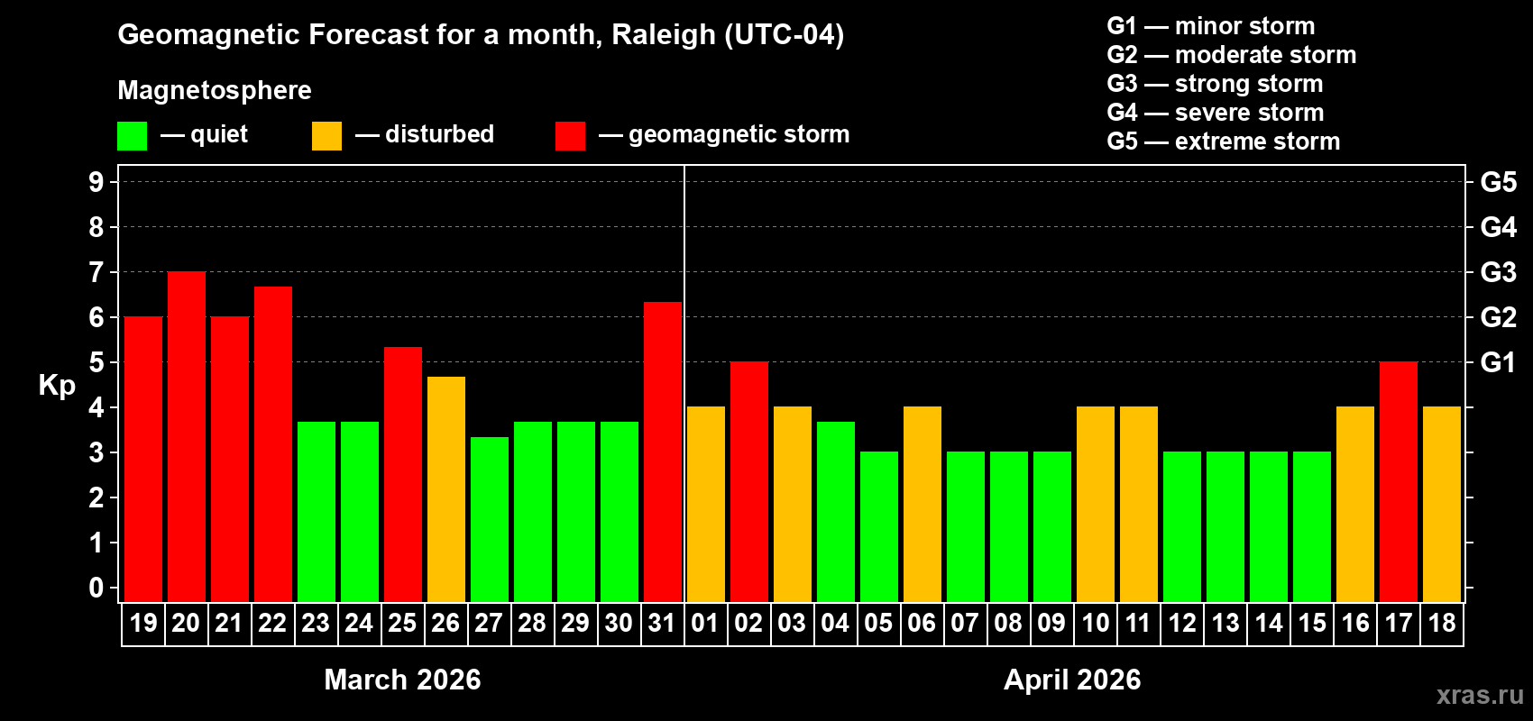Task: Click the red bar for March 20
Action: coord(187,436)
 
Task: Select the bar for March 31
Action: coord(663,452)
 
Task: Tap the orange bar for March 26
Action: coord(446,488)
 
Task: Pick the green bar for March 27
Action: coord(490,519)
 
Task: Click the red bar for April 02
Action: coord(749,481)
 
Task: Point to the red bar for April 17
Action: coord(1399,481)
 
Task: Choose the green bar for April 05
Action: coord(879,526)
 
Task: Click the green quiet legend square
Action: coord(132,136)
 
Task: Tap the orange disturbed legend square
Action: coord(326,136)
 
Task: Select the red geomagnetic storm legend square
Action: coord(570,136)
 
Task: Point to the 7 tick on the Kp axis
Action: coord(96,272)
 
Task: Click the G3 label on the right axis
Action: coord(1498,272)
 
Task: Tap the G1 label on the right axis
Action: coord(1498,362)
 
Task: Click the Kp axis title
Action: coord(57,386)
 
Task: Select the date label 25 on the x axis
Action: coord(402,623)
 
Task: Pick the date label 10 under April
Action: coord(1096,623)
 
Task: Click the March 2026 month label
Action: coord(402,680)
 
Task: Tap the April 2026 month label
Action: coord(1072,680)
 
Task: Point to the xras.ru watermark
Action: coord(1480,695)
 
